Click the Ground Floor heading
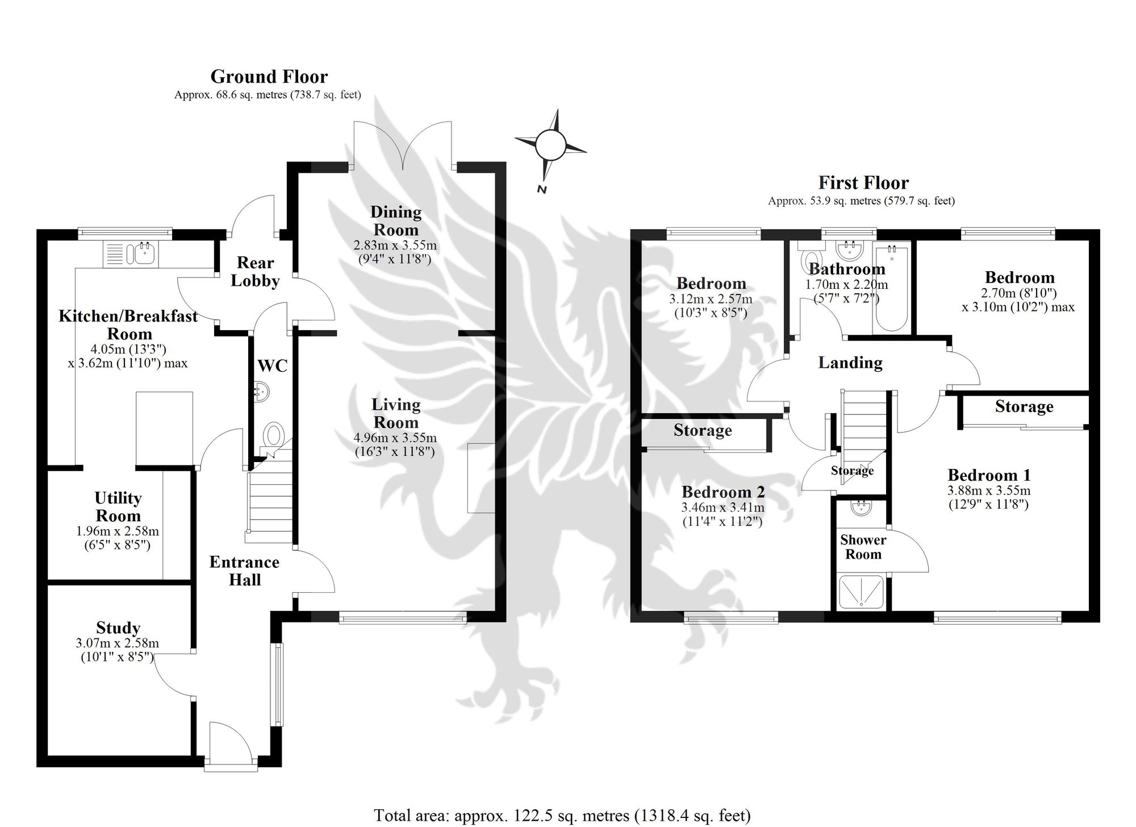coord(269,77)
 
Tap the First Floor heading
coord(863,182)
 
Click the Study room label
coord(118,628)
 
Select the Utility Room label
coord(118,507)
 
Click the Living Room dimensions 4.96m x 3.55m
coord(395,438)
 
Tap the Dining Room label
coord(396,221)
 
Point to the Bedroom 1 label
coord(989,475)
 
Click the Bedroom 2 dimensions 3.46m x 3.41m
coord(723,508)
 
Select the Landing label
coord(850,363)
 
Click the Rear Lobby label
coord(255,272)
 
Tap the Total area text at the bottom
coord(562,816)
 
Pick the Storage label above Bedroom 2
coord(703,431)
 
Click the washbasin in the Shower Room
coord(862,508)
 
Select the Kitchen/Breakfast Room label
coord(129,325)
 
